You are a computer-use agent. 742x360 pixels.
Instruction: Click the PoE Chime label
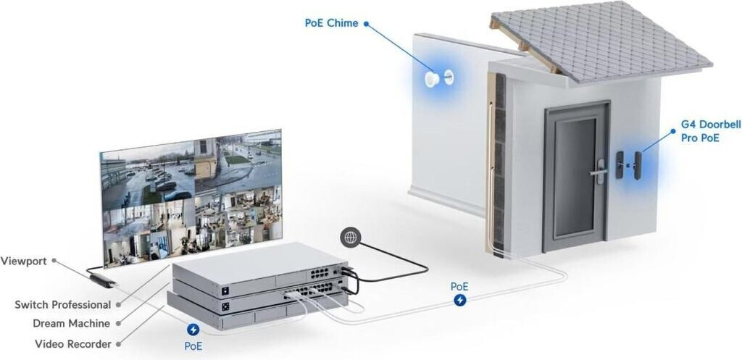coord(331,23)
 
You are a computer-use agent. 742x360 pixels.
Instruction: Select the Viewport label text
coord(25,260)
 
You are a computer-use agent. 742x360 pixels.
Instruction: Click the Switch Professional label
coord(63,305)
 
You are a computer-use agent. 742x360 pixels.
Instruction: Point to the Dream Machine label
coord(72,323)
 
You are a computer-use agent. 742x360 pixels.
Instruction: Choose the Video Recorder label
coord(72,343)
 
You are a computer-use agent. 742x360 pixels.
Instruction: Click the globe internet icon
coord(351,237)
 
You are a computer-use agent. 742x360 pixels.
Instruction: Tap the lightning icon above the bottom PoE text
coord(193,330)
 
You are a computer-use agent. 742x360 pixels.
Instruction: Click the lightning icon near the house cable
coord(459,301)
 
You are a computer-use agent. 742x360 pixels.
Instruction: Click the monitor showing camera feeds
coord(192,196)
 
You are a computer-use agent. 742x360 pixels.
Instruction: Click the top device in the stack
coord(261,267)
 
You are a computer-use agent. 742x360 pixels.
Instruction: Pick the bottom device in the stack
coord(254,311)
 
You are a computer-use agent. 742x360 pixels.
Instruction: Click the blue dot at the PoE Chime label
coord(367,23)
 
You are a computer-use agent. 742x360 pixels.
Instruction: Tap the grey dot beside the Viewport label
coord(54,260)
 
